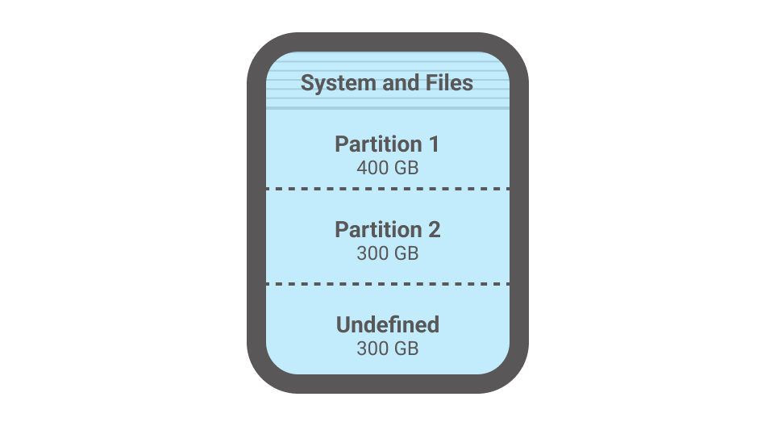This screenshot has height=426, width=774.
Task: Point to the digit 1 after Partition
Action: click(x=435, y=144)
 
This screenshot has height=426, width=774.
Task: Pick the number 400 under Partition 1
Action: click(x=372, y=169)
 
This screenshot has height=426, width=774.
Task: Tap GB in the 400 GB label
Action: click(x=406, y=169)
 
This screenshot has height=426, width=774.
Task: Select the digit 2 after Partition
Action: click(x=435, y=230)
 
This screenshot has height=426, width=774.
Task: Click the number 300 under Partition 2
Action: click(x=372, y=253)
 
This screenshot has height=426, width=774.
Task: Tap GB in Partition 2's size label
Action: click(x=406, y=253)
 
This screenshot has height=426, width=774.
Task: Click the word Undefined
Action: click(x=388, y=325)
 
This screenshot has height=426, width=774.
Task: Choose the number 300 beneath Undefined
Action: click(x=372, y=349)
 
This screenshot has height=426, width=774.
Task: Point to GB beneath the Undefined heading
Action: click(x=406, y=349)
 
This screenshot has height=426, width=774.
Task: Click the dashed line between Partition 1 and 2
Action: click(x=388, y=189)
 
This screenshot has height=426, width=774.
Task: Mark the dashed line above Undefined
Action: click(x=388, y=284)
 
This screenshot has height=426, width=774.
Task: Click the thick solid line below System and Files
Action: click(x=388, y=108)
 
